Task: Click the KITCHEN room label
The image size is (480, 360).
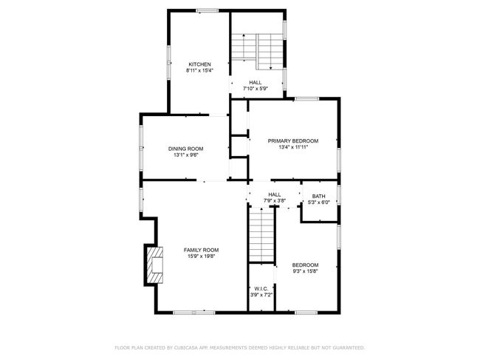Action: click(199, 64)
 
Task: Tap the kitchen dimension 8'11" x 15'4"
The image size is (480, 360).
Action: click(199, 71)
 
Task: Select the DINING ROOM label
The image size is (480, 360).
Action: click(185, 149)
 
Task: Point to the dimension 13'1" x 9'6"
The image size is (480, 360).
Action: click(185, 155)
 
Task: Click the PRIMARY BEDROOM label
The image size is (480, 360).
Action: click(293, 140)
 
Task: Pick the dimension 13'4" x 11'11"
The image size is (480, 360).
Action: click(293, 147)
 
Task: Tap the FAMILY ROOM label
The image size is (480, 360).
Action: click(201, 250)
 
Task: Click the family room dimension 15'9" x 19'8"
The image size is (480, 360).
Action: click(201, 257)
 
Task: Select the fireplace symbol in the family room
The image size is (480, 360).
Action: click(154, 264)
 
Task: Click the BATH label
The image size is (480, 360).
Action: click(319, 196)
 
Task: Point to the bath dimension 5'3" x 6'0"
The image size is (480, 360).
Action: click(319, 202)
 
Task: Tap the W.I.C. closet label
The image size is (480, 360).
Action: click(261, 288)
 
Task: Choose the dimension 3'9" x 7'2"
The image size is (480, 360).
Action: click(261, 295)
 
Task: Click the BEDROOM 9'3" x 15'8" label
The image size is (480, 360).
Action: click(305, 265)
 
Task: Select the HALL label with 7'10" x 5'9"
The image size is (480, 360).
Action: click(255, 82)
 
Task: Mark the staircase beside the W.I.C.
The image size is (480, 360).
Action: click(261, 235)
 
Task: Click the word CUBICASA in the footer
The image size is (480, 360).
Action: click(191, 347)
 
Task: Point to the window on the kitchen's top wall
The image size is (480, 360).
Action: click(207, 10)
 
